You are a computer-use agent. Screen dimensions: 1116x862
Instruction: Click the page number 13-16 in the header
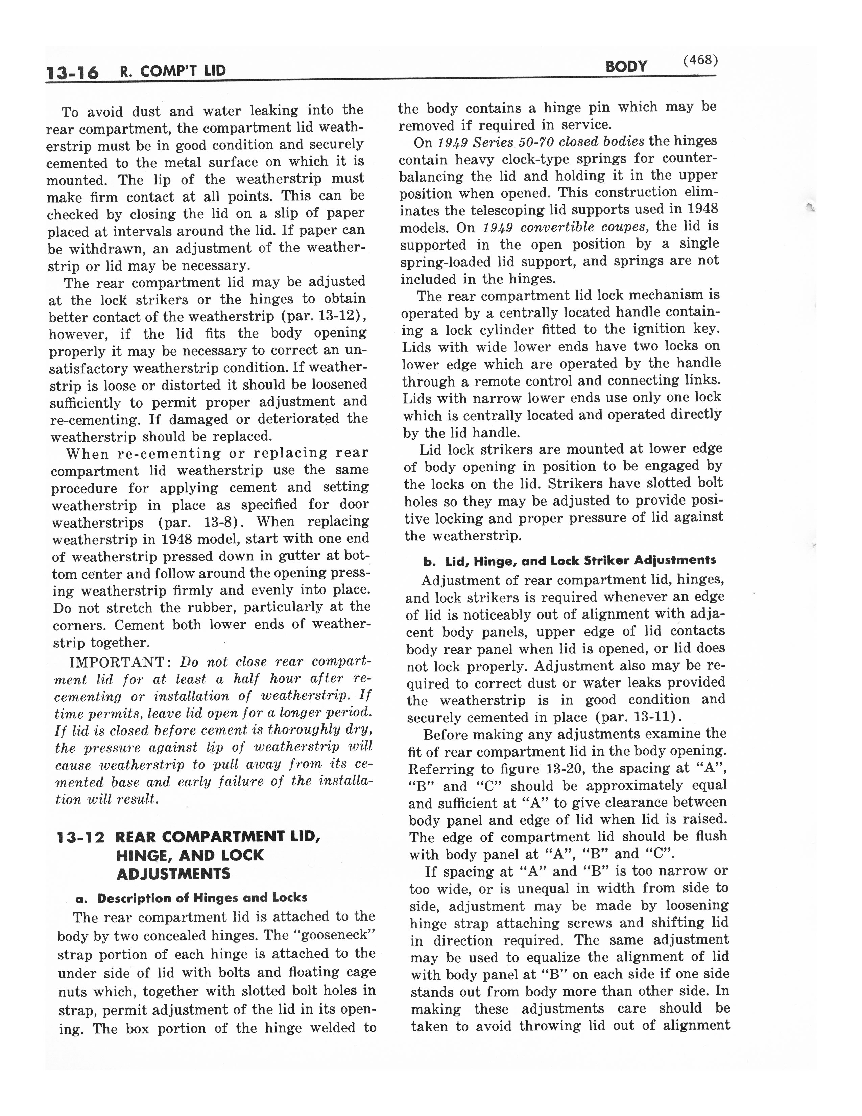point(73,73)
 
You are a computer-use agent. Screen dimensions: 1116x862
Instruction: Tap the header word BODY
point(626,66)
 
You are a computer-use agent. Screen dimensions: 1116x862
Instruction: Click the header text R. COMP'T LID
point(173,71)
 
